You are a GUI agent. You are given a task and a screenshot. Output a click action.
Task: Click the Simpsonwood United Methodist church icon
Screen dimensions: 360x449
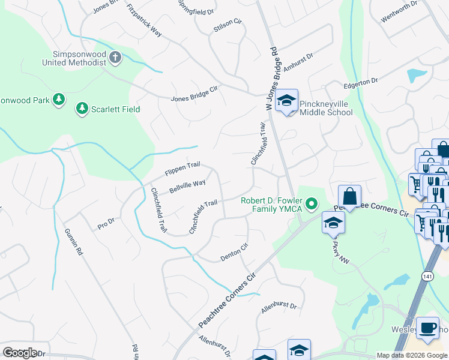pyautogui.click(x=115, y=58)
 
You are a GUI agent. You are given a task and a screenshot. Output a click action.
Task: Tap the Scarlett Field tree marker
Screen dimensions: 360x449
pyautogui.click(x=81, y=109)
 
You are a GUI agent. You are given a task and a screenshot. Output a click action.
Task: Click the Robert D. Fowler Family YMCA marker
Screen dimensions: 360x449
pyautogui.click(x=311, y=205)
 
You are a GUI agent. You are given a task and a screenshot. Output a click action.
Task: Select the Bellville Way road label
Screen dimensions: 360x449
pyautogui.click(x=187, y=185)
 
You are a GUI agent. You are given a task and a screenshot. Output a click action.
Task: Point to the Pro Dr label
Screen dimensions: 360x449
pyautogui.click(x=106, y=224)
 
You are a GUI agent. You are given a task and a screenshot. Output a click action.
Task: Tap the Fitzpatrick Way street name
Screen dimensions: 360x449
pyautogui.click(x=145, y=20)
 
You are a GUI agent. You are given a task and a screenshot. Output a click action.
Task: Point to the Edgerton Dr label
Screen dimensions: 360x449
pyautogui.click(x=360, y=81)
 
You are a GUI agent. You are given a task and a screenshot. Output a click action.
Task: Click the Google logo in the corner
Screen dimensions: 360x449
pyautogui.click(x=20, y=352)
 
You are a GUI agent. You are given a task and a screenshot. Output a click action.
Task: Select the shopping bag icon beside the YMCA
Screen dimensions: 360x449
pyautogui.click(x=349, y=196)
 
